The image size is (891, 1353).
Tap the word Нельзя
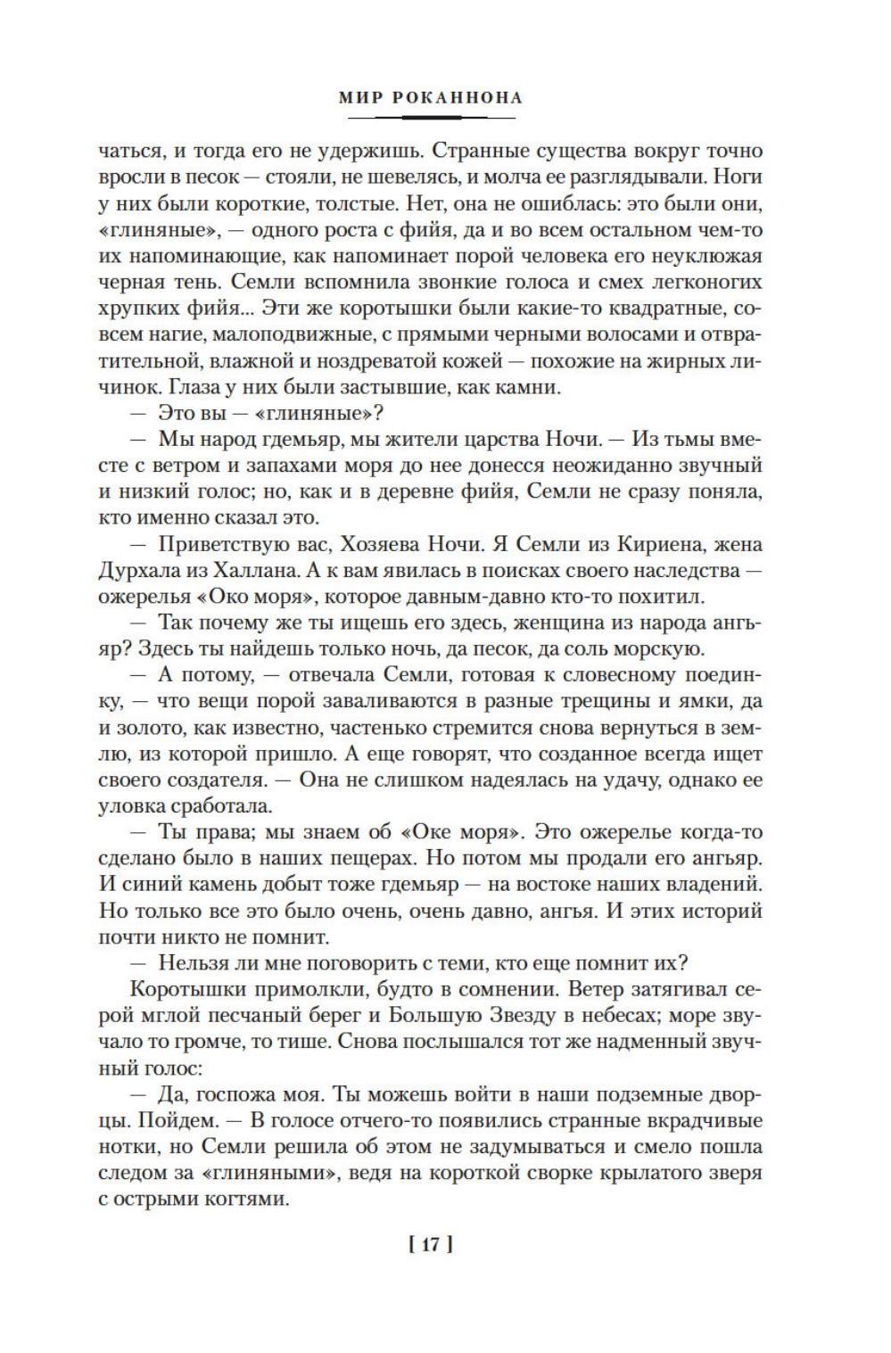pos(188,963)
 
